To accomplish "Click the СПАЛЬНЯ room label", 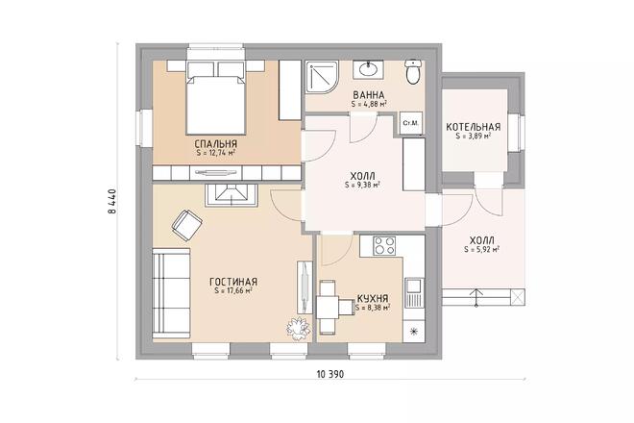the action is [x=215, y=144].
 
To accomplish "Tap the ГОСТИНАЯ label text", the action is [x=233, y=282].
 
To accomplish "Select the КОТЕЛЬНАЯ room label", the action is [x=473, y=127].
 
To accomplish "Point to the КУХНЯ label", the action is [x=373, y=299].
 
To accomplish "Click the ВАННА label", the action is [x=368, y=95].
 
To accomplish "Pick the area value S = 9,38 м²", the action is [x=362, y=186].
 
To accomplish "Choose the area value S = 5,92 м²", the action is [x=481, y=249].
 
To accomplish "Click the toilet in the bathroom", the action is [x=413, y=72].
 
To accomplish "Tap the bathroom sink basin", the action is [x=368, y=69].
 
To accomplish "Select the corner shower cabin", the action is [x=322, y=77].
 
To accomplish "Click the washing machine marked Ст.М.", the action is [x=411, y=123].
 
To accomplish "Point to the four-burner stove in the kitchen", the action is [x=384, y=245].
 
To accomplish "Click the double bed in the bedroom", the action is [x=216, y=98].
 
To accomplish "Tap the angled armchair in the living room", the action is [x=186, y=225].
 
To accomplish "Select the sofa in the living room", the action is [x=171, y=293].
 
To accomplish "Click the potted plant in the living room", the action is [x=299, y=328].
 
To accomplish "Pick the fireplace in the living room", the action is [x=231, y=195].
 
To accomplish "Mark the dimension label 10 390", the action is [x=329, y=374].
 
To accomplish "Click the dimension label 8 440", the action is [x=112, y=201].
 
